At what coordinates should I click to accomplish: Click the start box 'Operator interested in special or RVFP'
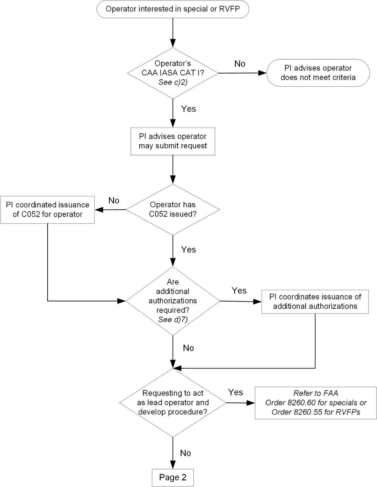173,9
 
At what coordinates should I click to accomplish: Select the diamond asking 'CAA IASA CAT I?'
173,73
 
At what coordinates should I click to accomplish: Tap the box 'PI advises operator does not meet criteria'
318,73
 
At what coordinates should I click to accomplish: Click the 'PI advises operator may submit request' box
173,141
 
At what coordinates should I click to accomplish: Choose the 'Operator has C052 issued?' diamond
173,209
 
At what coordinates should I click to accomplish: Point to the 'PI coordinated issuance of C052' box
47,210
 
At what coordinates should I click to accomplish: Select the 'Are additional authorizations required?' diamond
173,301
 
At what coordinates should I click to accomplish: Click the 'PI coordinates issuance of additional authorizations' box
315,302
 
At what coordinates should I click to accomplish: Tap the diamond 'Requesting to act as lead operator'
173,402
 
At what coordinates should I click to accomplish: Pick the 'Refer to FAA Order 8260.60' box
315,403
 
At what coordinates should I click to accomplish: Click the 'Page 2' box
173,477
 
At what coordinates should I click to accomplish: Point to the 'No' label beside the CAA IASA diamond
240,64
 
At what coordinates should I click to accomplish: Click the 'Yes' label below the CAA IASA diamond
188,109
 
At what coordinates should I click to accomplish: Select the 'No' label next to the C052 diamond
114,201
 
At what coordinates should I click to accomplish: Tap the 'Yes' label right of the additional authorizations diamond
239,291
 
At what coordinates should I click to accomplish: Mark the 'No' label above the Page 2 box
185,453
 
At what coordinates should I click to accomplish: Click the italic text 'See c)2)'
173,82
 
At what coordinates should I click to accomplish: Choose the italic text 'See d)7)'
173,320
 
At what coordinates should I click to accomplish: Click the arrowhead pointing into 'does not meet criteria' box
262,73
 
